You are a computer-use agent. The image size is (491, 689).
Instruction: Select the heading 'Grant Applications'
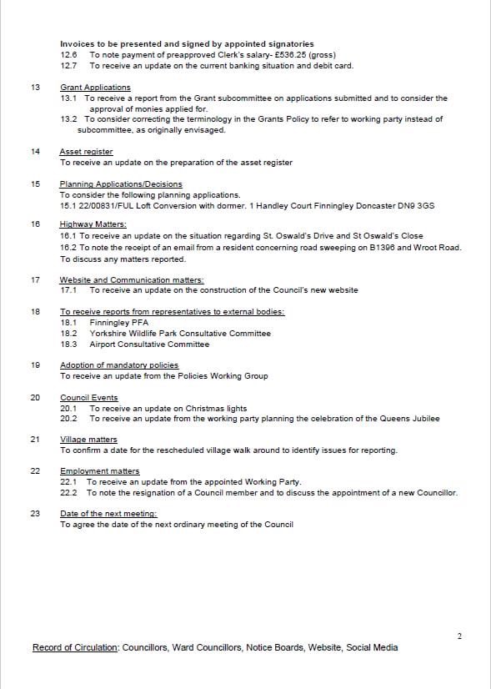[x=95, y=88]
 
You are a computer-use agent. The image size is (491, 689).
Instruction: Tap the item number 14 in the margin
[x=35, y=152]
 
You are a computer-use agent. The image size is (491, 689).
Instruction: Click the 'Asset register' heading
[x=86, y=152]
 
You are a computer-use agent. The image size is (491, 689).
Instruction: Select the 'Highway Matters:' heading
[x=93, y=225]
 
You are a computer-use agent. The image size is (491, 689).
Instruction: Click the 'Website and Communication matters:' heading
[x=132, y=280]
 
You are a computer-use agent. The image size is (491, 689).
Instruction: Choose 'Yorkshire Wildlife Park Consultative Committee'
[x=180, y=334]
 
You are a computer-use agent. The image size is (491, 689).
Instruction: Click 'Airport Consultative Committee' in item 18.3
[x=149, y=344]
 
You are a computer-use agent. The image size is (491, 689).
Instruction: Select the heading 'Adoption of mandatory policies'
[x=119, y=365]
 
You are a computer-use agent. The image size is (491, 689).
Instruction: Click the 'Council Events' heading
[x=88, y=398]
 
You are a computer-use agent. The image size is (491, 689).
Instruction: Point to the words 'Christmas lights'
[x=217, y=409]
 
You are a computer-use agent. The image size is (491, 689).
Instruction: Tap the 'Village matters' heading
[x=88, y=440]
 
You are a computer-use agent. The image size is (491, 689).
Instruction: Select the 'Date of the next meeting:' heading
[x=108, y=514]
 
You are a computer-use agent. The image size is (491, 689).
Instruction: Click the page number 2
[x=459, y=636]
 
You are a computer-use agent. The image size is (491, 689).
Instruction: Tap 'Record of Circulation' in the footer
[x=75, y=647]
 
